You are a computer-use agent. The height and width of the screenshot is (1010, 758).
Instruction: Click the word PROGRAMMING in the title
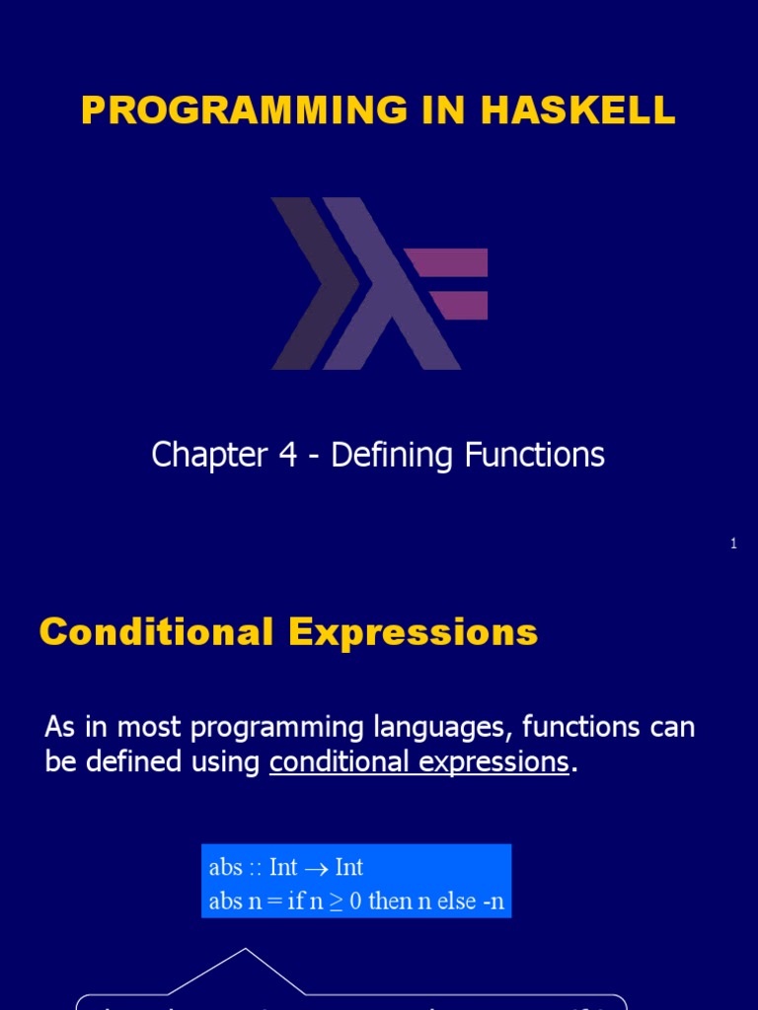243,111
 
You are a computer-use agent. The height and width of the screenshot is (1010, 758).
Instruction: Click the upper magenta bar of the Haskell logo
447,262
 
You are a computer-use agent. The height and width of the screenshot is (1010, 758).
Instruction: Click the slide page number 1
733,543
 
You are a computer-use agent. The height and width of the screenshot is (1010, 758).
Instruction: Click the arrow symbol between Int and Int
316,868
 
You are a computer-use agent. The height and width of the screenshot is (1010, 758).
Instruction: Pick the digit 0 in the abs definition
355,902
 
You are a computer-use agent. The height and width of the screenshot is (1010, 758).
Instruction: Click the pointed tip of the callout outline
245,950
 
